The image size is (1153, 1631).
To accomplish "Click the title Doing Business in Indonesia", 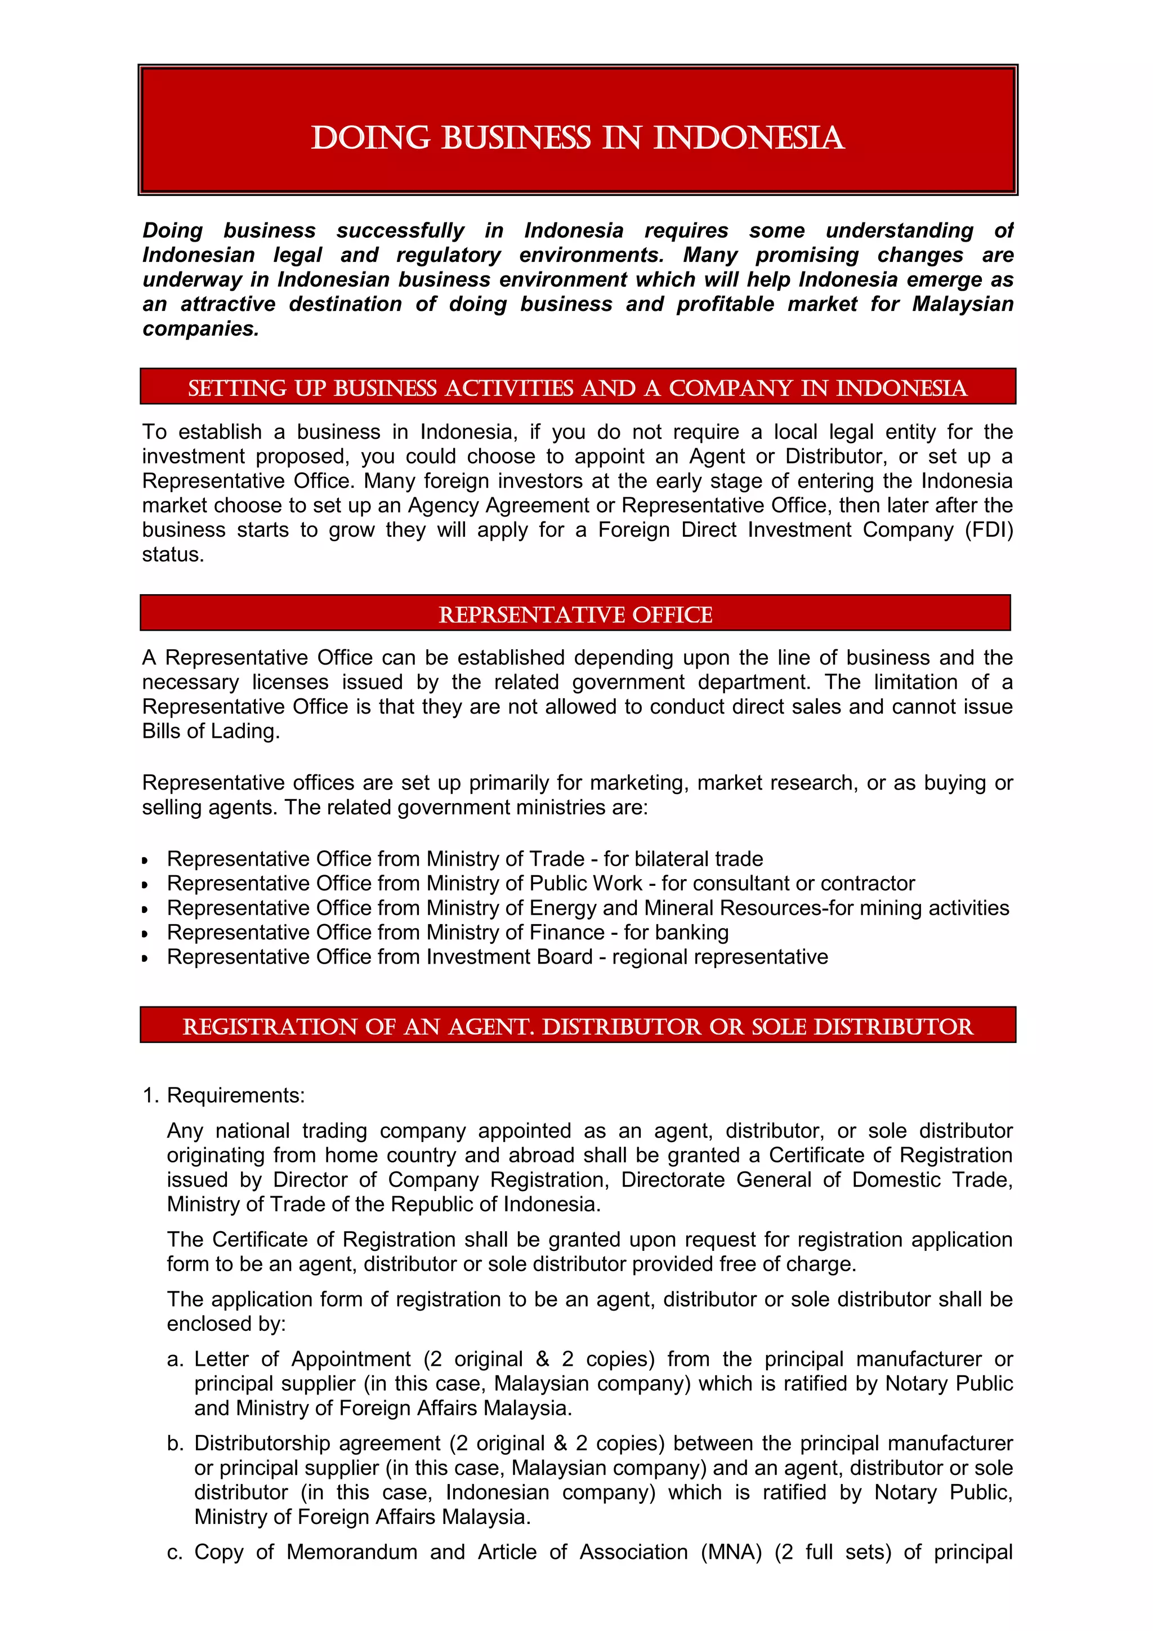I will pos(577,138).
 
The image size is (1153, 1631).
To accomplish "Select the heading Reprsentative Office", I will pos(575,614).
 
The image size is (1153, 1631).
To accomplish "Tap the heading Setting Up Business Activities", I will pos(577,388).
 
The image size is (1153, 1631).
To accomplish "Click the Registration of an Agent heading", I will pos(577,1027).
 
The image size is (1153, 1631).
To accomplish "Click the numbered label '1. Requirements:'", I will pos(224,1095).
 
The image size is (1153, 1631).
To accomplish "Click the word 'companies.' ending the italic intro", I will pos(201,329).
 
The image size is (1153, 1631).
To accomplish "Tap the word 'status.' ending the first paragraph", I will pos(172,554).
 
